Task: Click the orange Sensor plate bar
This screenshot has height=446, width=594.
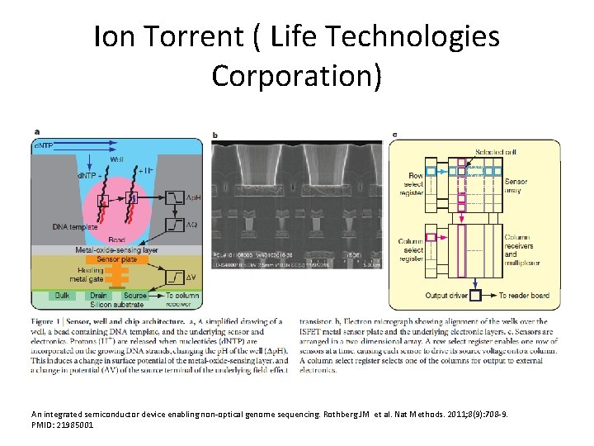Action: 116,259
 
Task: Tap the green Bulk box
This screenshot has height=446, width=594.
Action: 62,295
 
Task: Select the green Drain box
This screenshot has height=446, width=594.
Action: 97,295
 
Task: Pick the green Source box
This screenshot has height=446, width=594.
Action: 134,295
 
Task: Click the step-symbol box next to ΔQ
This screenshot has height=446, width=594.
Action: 175,225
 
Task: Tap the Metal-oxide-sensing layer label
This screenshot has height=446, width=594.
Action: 116,249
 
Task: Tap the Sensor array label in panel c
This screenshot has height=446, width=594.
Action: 516,185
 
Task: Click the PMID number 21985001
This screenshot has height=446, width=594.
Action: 72,425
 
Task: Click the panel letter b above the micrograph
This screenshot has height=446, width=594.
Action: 215,135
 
